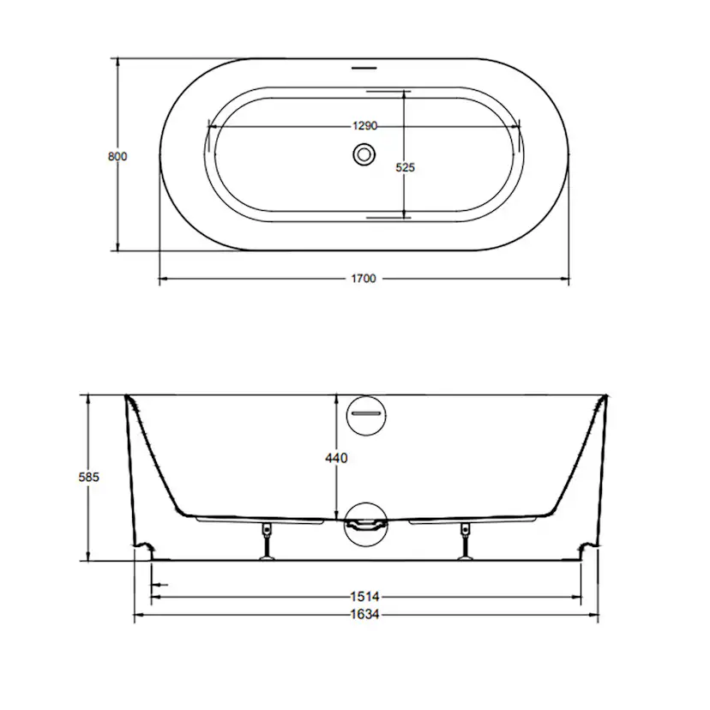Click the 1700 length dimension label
[364, 279]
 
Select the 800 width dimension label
[117, 157]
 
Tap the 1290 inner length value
[365, 126]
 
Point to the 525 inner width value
[406, 167]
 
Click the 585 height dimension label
[89, 477]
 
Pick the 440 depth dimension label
[336, 458]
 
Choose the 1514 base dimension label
[365, 597]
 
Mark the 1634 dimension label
[365, 615]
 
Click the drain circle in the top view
[364, 154]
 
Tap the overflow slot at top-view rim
[364, 69]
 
